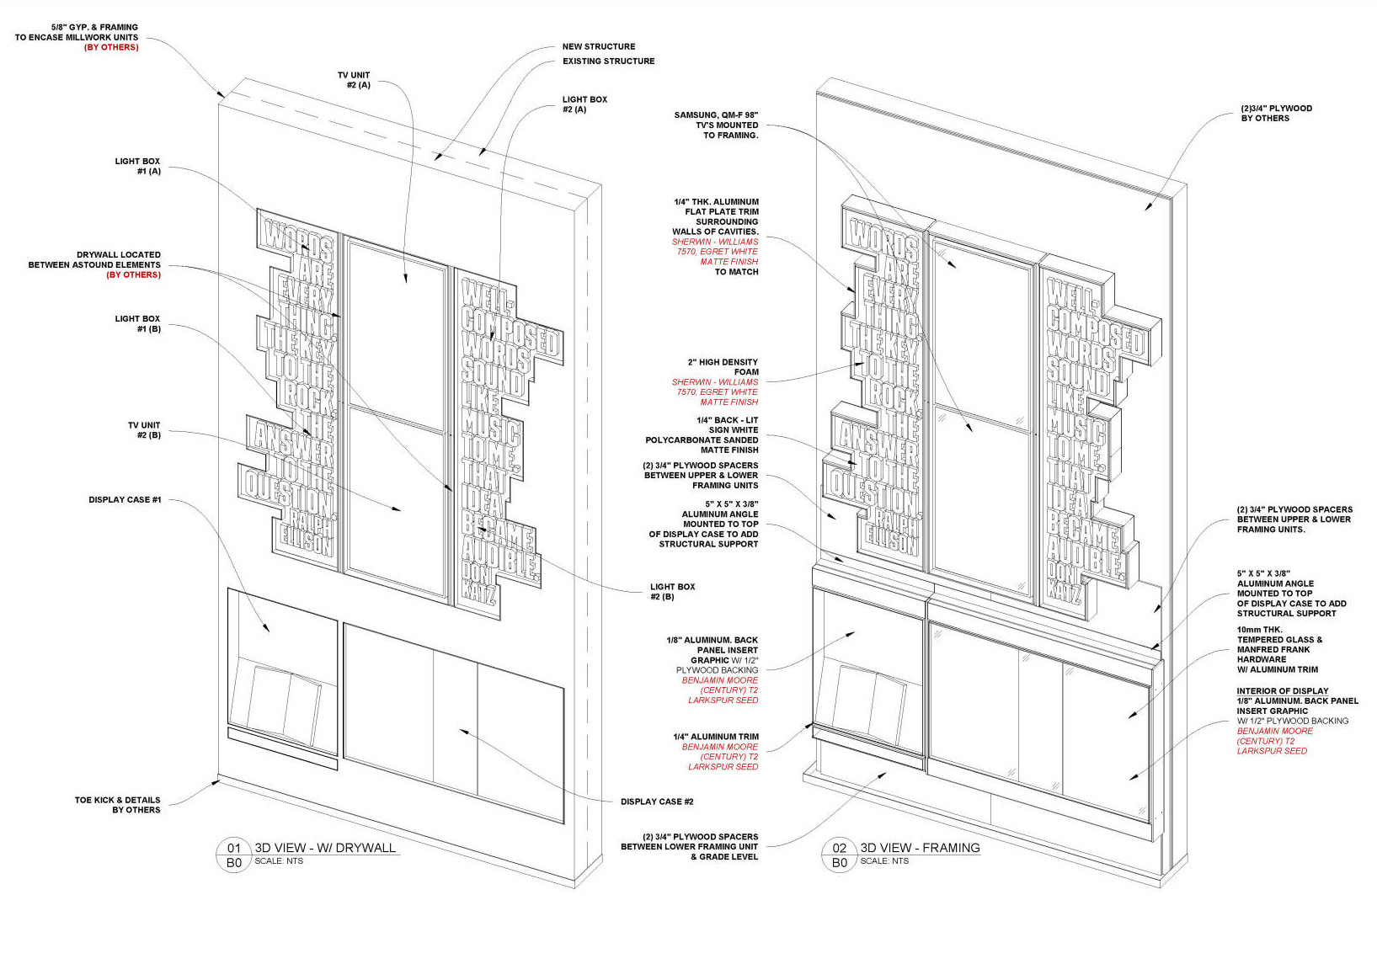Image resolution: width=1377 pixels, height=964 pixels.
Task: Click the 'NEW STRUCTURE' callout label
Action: click(x=599, y=47)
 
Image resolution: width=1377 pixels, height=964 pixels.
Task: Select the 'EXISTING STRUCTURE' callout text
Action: click(x=608, y=61)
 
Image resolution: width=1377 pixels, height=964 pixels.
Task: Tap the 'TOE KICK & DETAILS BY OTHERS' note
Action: click(x=117, y=805)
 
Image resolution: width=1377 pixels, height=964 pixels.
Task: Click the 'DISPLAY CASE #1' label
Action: click(x=125, y=500)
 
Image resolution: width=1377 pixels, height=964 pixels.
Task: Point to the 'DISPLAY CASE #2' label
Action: click(x=657, y=802)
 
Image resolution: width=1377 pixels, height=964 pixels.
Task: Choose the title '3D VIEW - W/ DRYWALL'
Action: click(x=325, y=848)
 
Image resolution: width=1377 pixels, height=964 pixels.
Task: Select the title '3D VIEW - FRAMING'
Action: click(x=920, y=848)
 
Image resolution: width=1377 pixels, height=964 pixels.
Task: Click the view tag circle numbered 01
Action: click(x=234, y=849)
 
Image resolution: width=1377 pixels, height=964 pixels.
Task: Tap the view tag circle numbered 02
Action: click(x=839, y=849)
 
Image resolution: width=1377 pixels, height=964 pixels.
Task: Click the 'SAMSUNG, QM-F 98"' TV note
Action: click(x=716, y=125)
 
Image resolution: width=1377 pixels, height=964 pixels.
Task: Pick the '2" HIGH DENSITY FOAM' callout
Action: click(x=723, y=367)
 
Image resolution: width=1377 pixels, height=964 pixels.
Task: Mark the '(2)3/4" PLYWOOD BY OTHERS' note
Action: click(x=1276, y=114)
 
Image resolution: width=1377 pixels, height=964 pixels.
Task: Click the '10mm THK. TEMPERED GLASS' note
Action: click(x=1279, y=649)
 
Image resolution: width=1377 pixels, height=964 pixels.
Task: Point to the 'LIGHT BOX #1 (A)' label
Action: click(x=137, y=166)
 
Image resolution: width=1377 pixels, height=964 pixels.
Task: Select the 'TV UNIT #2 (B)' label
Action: click(x=144, y=430)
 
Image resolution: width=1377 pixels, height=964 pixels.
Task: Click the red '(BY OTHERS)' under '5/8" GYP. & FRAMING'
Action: click(x=111, y=48)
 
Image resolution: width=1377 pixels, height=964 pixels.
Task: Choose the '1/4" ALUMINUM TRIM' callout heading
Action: click(x=716, y=737)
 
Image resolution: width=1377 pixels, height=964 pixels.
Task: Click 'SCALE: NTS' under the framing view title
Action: click(x=884, y=861)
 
